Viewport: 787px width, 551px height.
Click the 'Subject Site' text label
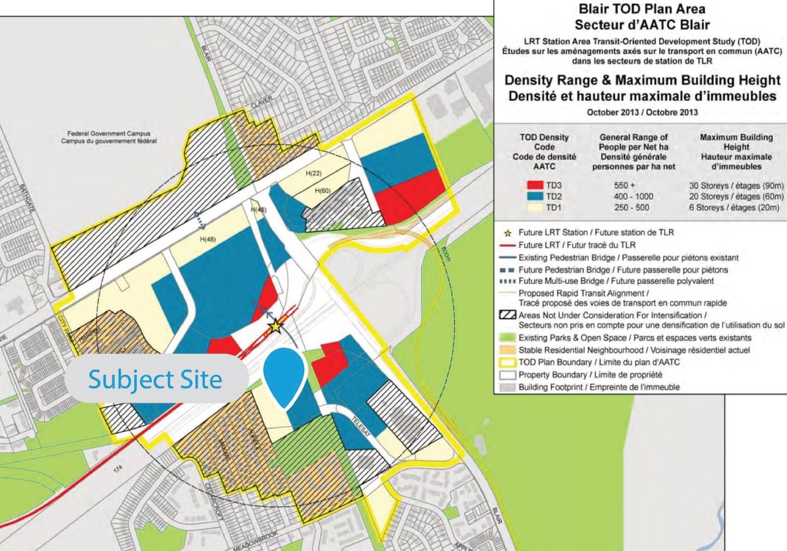155,379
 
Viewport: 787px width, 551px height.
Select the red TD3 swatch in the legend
536,184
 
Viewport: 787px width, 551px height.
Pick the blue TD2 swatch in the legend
536,196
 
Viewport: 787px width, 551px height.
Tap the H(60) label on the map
322,191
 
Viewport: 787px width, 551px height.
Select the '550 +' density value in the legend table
625,184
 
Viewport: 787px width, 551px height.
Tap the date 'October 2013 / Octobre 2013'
639,112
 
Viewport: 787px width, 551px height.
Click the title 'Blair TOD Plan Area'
639,9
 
